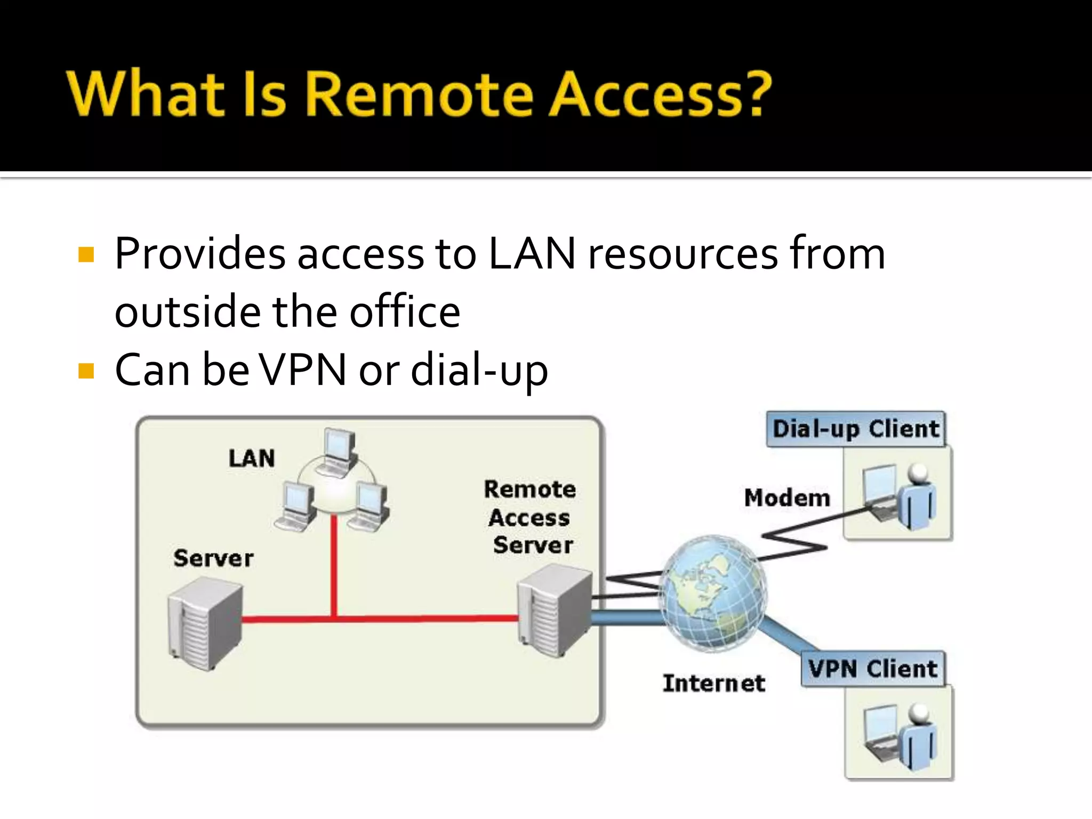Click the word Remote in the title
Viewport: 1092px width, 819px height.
click(x=419, y=94)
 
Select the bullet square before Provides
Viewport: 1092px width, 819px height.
click(x=86, y=255)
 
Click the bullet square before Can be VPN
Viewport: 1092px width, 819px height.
click(x=86, y=371)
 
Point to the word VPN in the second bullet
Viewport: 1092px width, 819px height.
click(x=302, y=370)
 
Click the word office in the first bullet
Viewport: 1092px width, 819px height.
click(x=405, y=311)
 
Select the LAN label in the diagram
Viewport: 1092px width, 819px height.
click(x=252, y=459)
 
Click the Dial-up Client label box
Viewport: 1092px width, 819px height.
click(x=856, y=429)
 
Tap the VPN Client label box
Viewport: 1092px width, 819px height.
click(x=872, y=669)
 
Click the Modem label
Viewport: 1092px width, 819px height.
click(x=787, y=498)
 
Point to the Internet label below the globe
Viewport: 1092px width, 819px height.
click(x=713, y=684)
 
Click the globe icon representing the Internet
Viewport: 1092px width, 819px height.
click(x=713, y=593)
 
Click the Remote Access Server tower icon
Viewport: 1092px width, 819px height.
click(x=555, y=611)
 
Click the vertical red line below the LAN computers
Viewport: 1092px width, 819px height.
click(x=334, y=565)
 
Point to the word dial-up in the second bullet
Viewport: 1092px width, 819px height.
click(x=479, y=370)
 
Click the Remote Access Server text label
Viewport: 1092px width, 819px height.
click(x=530, y=517)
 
